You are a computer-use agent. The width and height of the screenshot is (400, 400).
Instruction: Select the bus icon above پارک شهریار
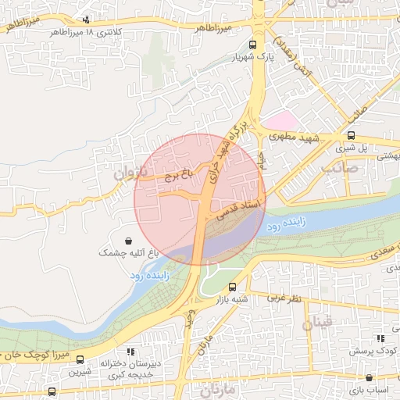coord(252,45)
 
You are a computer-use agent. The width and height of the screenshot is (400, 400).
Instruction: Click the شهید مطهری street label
coord(295,136)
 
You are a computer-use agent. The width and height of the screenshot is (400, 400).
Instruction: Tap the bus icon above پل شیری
coord(350,134)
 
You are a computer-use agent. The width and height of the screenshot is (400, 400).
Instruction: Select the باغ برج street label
coord(177,175)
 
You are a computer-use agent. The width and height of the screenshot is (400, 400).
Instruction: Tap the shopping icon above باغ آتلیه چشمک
coord(128,241)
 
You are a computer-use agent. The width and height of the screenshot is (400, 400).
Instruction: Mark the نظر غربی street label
coord(284,298)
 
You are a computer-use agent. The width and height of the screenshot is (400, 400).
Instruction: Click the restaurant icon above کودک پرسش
coord(380,338)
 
